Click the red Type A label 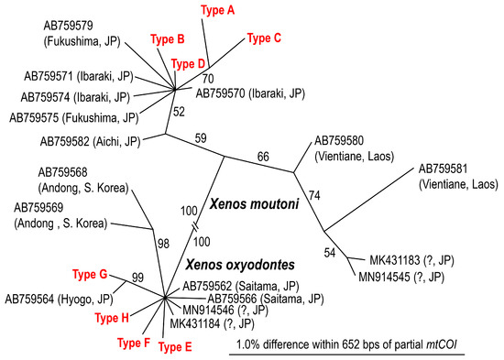pos(218,10)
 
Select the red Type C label pos(264,38)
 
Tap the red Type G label pos(92,273)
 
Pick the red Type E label pos(176,346)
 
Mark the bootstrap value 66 pos(263,157)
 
